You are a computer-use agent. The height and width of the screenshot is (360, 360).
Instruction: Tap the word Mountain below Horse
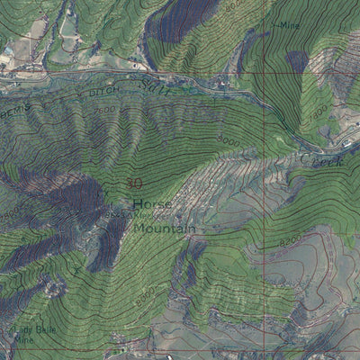pyautogui.click(x=165, y=229)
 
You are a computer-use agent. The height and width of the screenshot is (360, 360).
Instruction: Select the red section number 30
pyautogui.click(x=134, y=184)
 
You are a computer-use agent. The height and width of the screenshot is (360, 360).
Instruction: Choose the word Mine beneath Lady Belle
pyautogui.click(x=24, y=341)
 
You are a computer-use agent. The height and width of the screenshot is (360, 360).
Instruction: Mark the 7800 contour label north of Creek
pyautogui.click(x=317, y=111)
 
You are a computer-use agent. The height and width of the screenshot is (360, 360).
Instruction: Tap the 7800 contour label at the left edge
pyautogui.click(x=7, y=217)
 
